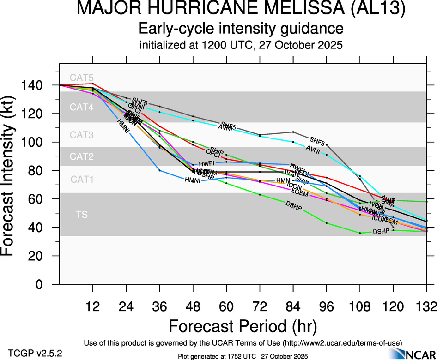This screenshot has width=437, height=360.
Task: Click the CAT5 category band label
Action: (81, 78)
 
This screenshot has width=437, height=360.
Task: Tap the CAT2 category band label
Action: (81, 156)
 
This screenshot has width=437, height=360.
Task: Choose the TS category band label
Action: (81, 215)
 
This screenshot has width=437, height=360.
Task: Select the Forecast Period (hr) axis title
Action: (243, 326)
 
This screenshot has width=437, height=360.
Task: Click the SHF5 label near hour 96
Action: (317, 140)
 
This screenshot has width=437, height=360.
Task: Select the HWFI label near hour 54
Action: (206, 164)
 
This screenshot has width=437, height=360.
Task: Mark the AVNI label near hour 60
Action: (225, 128)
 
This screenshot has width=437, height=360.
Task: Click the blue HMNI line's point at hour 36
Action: (160, 170)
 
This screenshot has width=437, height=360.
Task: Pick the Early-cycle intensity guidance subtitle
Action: (241, 29)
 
